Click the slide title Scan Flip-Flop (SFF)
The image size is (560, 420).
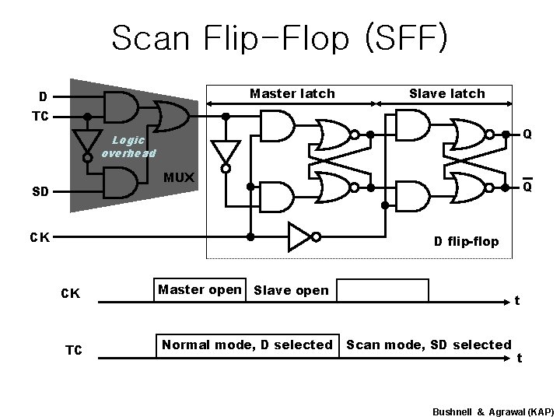(x=279, y=38)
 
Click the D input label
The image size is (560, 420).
(x=44, y=97)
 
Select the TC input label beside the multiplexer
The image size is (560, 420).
(x=40, y=117)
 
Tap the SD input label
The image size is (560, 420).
(x=40, y=191)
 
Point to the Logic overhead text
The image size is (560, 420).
(x=128, y=147)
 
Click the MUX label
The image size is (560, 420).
(x=179, y=178)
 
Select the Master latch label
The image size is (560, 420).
(x=292, y=93)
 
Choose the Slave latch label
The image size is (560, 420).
(x=446, y=93)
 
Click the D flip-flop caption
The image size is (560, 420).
(x=467, y=241)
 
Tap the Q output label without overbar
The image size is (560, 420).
(x=527, y=135)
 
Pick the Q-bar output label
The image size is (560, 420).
(x=527, y=187)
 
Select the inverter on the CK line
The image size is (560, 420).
(x=301, y=236)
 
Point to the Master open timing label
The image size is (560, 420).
(x=200, y=289)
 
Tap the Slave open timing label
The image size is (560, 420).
(x=292, y=290)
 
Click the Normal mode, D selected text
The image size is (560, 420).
(x=247, y=345)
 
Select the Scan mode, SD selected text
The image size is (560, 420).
(x=429, y=345)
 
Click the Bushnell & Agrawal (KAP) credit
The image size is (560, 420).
(x=493, y=410)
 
